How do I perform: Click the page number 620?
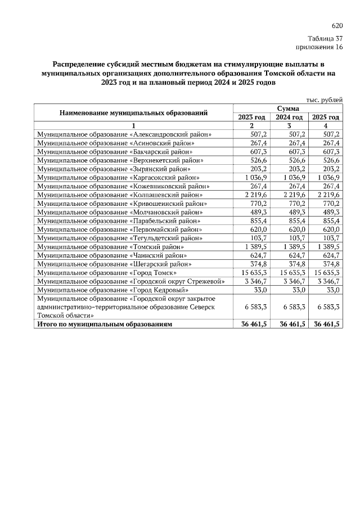337,26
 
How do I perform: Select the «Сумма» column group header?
287,108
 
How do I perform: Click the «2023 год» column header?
251,117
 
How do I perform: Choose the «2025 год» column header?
326,117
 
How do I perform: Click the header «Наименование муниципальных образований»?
134,112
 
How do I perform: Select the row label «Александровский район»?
124,135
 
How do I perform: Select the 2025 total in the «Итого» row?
326,325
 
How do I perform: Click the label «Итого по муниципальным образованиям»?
104,325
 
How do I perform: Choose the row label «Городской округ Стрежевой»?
131,281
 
